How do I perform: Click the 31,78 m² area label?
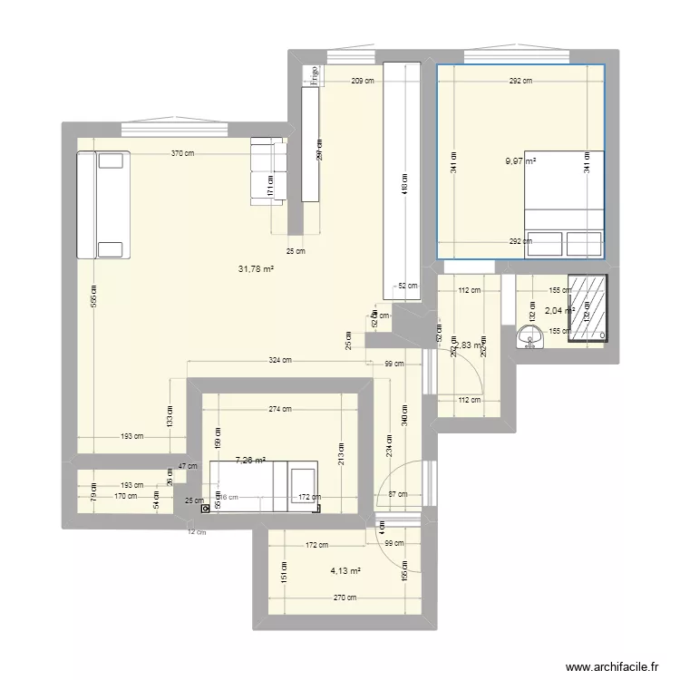pyautogui.click(x=256, y=268)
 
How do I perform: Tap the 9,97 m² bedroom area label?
pyautogui.click(x=520, y=162)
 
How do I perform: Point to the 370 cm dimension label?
pyautogui.click(x=182, y=154)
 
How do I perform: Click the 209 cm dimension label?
pyautogui.click(x=363, y=82)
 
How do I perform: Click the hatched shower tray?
pyautogui.click(x=586, y=308)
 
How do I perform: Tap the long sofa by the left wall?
pyautogui.click(x=103, y=206)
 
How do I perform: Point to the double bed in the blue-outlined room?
pyautogui.click(x=564, y=203)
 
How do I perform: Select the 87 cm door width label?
pyautogui.click(x=397, y=494)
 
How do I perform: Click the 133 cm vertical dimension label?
pyautogui.click(x=169, y=416)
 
